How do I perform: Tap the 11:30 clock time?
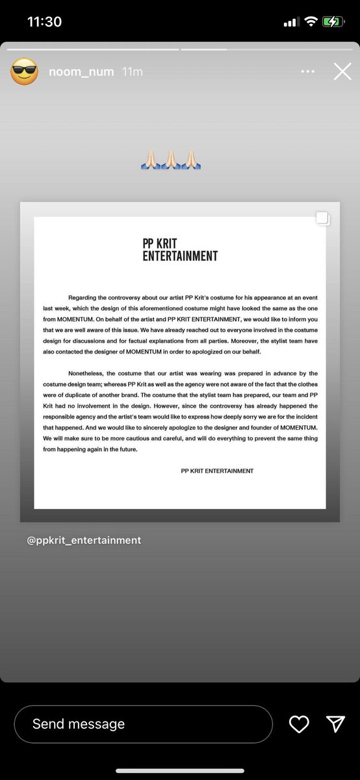[x=44, y=21]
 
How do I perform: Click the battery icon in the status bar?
[x=333, y=21]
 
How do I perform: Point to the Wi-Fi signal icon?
[x=311, y=21]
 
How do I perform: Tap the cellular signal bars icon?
[x=290, y=22]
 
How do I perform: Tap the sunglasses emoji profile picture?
[x=24, y=71]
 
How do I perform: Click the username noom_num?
[x=81, y=71]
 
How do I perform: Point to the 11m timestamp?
[x=132, y=71]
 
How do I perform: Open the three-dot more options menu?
[x=307, y=71]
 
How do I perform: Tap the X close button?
[x=342, y=71]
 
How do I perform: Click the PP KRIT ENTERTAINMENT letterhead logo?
[x=180, y=250]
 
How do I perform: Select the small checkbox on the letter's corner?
[x=322, y=219]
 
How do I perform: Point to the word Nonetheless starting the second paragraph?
[x=89, y=373]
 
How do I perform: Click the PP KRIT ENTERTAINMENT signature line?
[x=217, y=471]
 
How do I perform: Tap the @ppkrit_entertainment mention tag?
[x=84, y=540]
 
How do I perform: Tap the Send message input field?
[x=143, y=723]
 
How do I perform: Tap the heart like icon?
[x=299, y=724]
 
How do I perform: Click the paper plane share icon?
[x=335, y=724]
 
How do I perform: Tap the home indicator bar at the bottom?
[x=180, y=771]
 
